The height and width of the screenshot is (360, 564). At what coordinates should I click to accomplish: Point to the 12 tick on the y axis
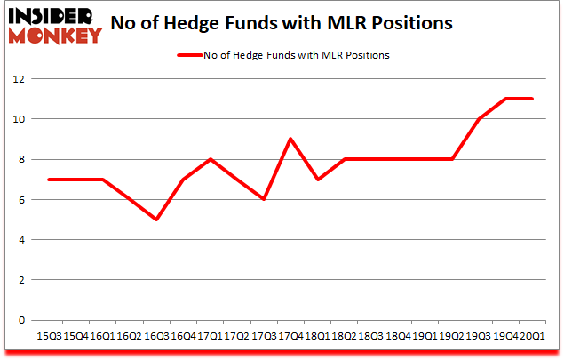20,79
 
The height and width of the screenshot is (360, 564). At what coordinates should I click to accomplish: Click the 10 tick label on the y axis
20,119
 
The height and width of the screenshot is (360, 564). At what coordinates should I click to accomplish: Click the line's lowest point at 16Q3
156,220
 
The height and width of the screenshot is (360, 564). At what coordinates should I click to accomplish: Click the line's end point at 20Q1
532,99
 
